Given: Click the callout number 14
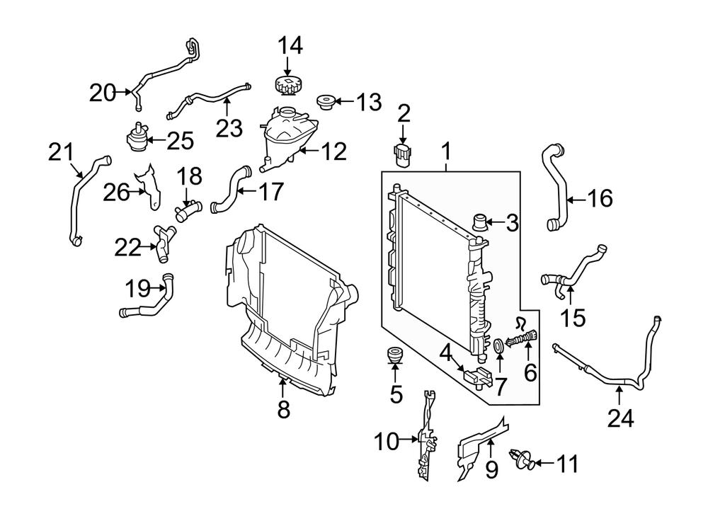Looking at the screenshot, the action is (x=290, y=46).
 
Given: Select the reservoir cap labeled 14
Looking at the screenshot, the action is (x=289, y=86).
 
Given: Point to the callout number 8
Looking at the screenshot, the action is (x=283, y=411).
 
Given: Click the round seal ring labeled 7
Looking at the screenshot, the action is (x=499, y=346).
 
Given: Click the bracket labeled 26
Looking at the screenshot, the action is (x=149, y=186).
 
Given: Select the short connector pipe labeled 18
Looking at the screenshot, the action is (x=188, y=211).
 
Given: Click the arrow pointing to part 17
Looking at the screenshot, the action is (x=247, y=191).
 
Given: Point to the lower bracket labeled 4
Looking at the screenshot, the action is (x=476, y=377).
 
